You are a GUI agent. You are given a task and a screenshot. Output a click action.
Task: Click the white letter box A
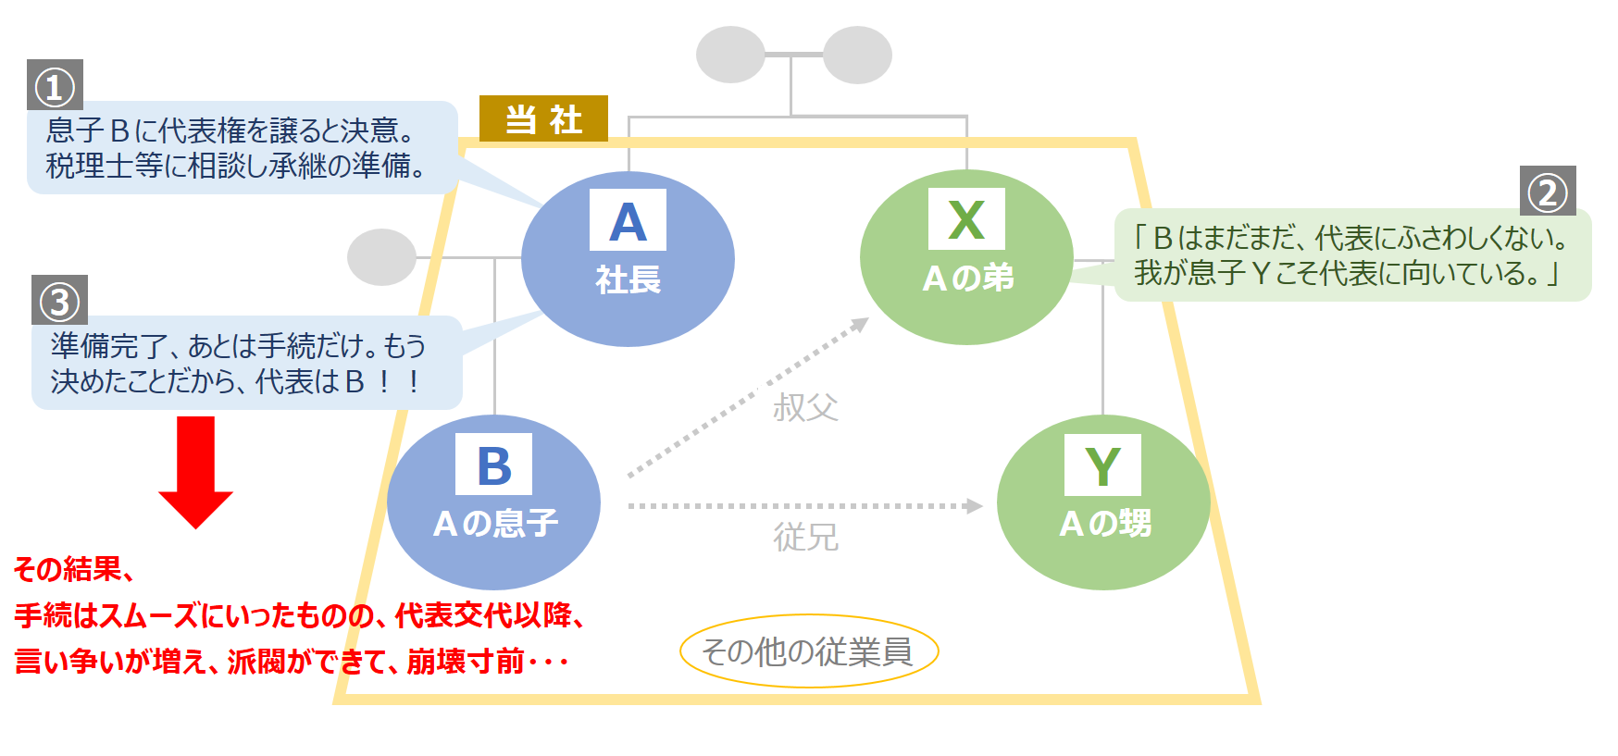coord(628,220)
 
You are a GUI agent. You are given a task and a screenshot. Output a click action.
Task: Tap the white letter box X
coord(966,219)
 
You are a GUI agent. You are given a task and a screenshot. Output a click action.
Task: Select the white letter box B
coord(493,465)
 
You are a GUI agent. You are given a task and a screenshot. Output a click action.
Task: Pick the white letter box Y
coord(1102,465)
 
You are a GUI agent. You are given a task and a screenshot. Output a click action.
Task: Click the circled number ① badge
coord(55,86)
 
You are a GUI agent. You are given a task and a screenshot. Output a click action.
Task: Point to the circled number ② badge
coord(1548,192)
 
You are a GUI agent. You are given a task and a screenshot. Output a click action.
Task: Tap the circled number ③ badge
coord(59,301)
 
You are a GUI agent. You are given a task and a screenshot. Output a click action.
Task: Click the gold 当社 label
coord(543,119)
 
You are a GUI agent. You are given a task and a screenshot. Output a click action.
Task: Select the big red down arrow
coord(195,470)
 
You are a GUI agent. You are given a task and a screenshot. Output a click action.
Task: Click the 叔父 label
coord(805,407)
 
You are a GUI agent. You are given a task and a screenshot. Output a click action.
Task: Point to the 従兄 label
coord(805,537)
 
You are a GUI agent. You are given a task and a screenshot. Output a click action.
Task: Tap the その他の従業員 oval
coord(808,651)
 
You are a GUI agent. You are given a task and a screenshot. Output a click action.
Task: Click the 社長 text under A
coord(628,279)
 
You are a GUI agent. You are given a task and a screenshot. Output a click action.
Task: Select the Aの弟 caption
coord(967,278)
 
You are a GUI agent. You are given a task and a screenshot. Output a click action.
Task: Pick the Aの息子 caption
coord(495,524)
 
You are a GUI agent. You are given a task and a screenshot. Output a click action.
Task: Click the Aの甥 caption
coord(1104,524)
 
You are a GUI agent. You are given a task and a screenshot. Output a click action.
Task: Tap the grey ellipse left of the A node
coord(381,257)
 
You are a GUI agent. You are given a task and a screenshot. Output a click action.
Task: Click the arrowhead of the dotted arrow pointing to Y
coord(974,506)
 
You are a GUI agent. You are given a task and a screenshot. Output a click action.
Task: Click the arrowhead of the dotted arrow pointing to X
coord(861,324)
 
